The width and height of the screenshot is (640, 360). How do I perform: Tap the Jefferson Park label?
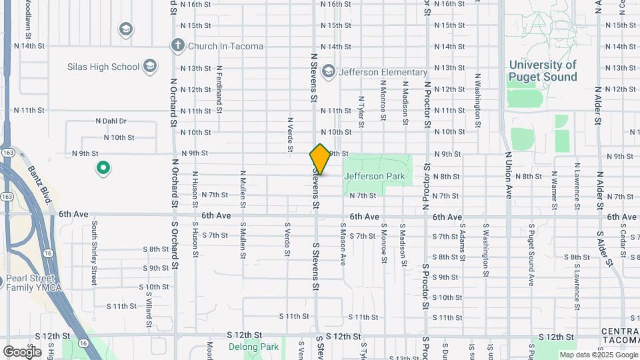[x=374, y=176]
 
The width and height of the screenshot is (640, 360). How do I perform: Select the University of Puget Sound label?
[x=543, y=71]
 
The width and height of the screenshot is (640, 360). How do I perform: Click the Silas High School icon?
[x=151, y=67]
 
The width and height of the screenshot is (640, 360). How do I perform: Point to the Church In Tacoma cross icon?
[x=177, y=46]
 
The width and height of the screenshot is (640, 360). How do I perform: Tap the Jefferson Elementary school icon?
[x=328, y=72]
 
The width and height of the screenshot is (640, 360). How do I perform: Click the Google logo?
[x=22, y=351]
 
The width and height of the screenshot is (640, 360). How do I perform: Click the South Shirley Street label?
[x=95, y=254]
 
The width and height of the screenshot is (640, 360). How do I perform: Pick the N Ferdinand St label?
[x=218, y=87]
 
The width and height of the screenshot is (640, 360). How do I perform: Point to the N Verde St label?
[x=290, y=135]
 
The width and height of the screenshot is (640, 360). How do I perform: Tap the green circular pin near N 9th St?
[x=103, y=168]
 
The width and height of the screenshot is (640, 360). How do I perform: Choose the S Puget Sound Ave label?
[x=531, y=256]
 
